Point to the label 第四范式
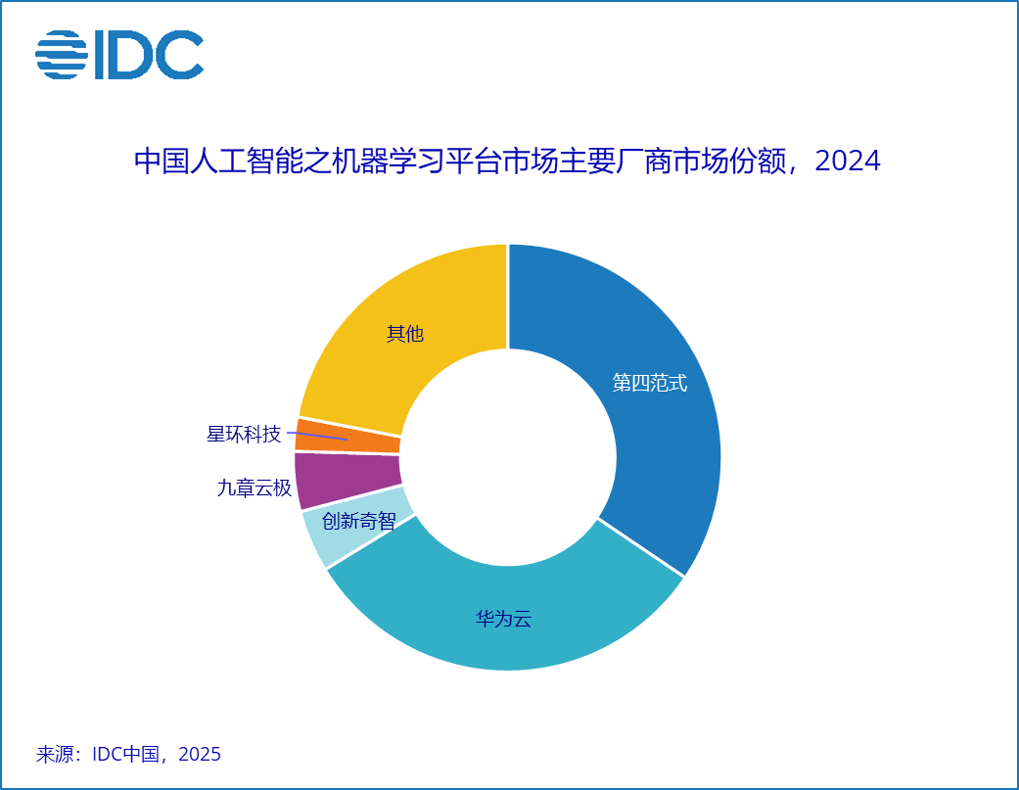649,383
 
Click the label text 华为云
503,619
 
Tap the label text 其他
404,334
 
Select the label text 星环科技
244,434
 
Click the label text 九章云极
255,488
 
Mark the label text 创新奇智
358,522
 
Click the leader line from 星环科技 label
317,436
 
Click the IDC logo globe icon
61,55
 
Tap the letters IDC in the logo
148,55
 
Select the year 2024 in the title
848,162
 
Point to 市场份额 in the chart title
730,162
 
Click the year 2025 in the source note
200,755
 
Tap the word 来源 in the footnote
54,755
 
